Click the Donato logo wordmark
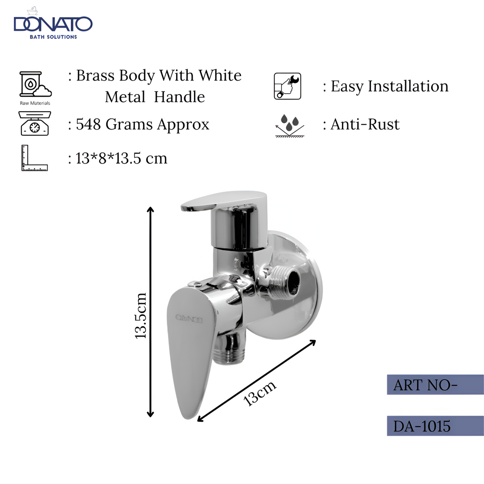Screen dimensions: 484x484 (x=53, y=24)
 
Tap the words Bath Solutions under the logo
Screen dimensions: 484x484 (x=53, y=37)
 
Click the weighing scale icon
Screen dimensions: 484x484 (x=34, y=124)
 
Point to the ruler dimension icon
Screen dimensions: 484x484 (x=34, y=158)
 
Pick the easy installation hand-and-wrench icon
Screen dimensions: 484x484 (x=287, y=86)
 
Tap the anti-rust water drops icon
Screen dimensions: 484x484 (x=289, y=125)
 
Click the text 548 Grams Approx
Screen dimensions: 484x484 (x=143, y=124)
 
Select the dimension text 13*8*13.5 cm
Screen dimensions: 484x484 (x=121, y=158)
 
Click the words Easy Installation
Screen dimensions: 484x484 (x=389, y=86)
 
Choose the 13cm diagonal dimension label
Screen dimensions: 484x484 (x=260, y=393)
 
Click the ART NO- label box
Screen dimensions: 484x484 (x=435, y=385)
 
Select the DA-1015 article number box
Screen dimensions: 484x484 (x=435, y=426)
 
